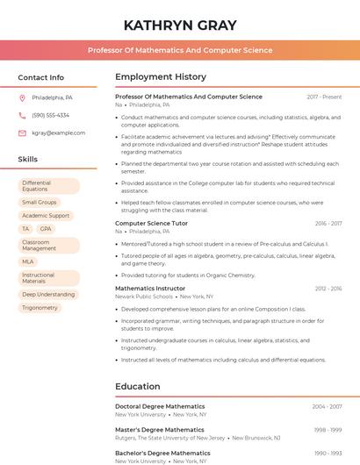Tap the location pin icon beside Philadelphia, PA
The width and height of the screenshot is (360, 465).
point(22,97)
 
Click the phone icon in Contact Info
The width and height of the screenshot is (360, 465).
point(22,115)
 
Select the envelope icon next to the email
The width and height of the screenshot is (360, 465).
point(22,132)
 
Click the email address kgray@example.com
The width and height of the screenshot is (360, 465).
point(59,132)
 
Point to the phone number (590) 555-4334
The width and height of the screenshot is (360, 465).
point(51,115)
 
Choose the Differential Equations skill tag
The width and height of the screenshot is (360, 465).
point(48,186)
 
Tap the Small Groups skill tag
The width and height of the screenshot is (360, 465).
point(40,203)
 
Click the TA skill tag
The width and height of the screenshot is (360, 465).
point(25,228)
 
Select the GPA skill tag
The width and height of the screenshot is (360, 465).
point(46,228)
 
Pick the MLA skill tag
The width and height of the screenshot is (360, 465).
point(28,261)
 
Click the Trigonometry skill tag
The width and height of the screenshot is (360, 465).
point(40,308)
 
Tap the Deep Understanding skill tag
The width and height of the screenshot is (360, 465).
point(48,295)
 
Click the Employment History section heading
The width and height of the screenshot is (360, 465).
point(161,77)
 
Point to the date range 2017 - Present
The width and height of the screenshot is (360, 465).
point(324,97)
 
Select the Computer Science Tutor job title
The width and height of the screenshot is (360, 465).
point(151,224)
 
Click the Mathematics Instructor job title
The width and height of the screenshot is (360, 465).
point(150,288)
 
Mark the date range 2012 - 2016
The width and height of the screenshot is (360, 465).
point(328,288)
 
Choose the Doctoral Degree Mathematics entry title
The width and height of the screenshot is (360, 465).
point(160,406)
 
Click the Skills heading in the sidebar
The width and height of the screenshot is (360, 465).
point(28,160)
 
